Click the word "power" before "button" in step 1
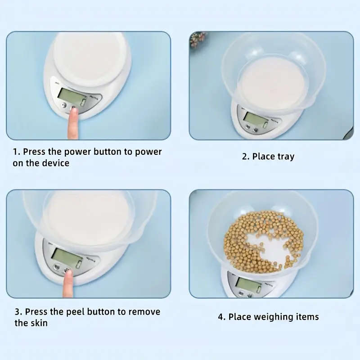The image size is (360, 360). (76, 152)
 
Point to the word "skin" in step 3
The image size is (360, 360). (39, 323)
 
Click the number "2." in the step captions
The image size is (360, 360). (246, 157)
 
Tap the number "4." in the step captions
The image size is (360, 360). (222, 317)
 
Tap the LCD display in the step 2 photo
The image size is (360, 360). (256, 119)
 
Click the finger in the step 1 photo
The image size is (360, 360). (73, 124)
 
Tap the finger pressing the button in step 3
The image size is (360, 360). (68, 284)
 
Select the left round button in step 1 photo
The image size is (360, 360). (64, 105)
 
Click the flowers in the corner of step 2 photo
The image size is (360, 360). (198, 39)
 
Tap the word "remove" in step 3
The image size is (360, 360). (144, 312)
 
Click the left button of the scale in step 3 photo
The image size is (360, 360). (57, 267)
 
